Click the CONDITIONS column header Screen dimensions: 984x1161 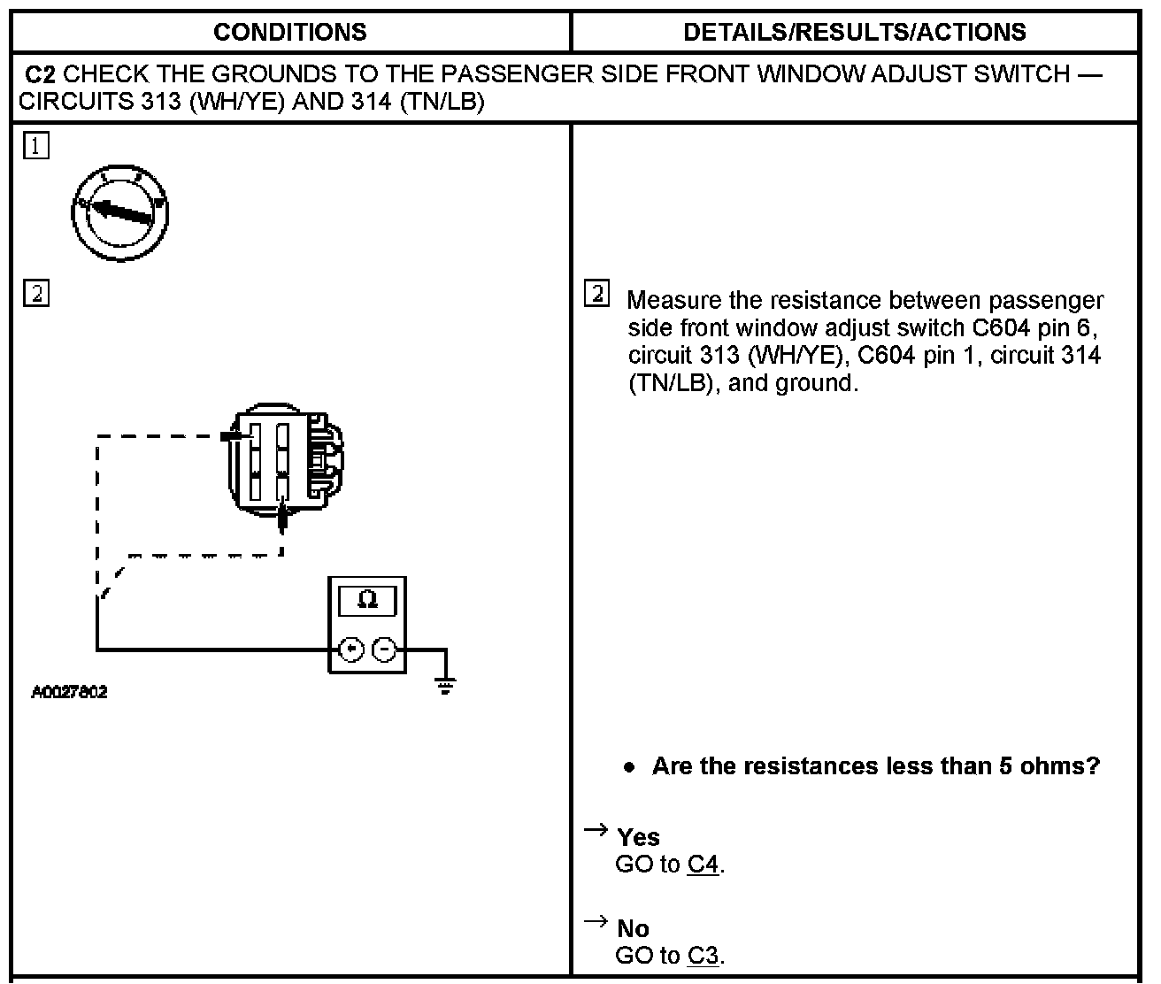pos(289,33)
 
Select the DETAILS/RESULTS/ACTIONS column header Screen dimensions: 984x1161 pos(854,33)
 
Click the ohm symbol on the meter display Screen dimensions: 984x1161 pos(367,601)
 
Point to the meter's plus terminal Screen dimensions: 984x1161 pos(352,650)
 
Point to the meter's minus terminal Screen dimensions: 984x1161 pos(384,650)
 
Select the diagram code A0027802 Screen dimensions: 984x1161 pos(69,692)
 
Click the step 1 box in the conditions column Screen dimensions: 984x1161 pos(36,146)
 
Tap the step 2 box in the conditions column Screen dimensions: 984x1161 pos(36,293)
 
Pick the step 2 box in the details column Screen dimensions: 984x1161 pos(597,293)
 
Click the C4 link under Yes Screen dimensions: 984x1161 pos(703,865)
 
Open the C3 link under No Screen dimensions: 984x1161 pos(703,956)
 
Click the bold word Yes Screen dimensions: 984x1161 pos(638,837)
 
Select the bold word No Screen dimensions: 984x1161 pos(633,928)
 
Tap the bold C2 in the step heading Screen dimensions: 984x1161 pos(42,73)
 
